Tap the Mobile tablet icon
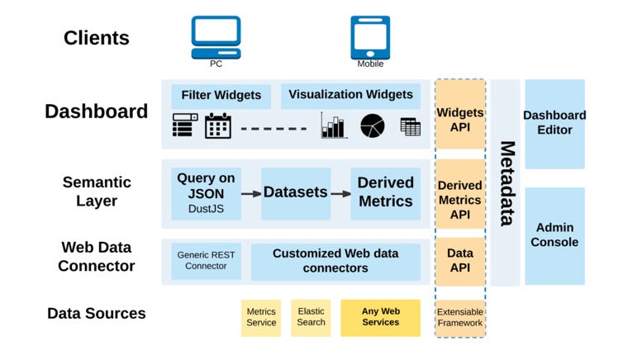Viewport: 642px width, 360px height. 370,36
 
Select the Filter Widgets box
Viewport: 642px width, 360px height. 221,96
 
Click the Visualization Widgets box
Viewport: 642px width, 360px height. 350,95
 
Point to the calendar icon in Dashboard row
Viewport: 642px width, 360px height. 218,126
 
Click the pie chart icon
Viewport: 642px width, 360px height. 373,126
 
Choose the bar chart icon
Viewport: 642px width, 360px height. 334,126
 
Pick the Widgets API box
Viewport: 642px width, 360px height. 460,120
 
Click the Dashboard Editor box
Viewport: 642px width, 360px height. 554,123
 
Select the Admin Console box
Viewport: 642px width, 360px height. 554,235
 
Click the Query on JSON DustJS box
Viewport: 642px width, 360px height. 206,194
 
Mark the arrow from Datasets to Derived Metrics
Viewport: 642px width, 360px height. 340,193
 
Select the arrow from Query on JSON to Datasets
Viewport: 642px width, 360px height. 250,193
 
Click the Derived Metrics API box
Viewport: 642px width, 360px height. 460,200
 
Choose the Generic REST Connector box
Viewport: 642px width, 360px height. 206,261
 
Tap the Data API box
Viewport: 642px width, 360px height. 460,261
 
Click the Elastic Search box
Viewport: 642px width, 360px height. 311,317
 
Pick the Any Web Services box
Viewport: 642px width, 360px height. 380,317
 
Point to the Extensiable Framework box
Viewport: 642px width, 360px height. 460,318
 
